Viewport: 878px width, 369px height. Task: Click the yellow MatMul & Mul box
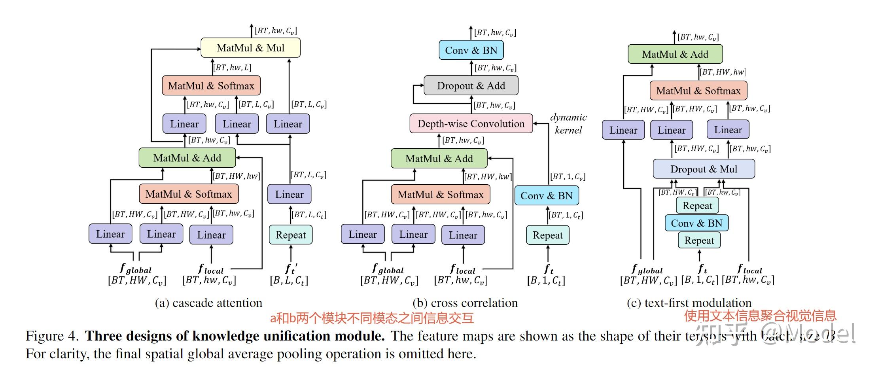[x=250, y=48]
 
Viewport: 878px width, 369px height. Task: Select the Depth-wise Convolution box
[x=471, y=124]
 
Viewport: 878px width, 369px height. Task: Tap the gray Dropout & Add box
[x=471, y=86]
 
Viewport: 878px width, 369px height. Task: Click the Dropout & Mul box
[x=703, y=169]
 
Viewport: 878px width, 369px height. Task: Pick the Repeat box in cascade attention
[x=290, y=235]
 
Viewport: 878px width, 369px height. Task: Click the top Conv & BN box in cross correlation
[x=471, y=50]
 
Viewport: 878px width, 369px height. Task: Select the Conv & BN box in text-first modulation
[x=696, y=223]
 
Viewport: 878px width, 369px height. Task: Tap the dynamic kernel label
[x=568, y=123]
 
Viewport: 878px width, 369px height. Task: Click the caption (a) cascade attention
[x=208, y=303]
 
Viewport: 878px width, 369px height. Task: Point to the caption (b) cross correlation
[x=465, y=303]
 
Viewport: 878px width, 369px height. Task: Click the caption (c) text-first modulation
[x=689, y=303]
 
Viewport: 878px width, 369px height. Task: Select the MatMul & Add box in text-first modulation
[x=675, y=54]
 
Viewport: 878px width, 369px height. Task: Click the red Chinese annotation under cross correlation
[x=372, y=318]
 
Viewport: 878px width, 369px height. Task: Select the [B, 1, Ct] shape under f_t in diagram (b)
[x=546, y=281]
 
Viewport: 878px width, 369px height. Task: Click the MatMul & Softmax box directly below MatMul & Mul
[x=211, y=86]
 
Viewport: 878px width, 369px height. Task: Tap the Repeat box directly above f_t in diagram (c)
[x=699, y=240]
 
